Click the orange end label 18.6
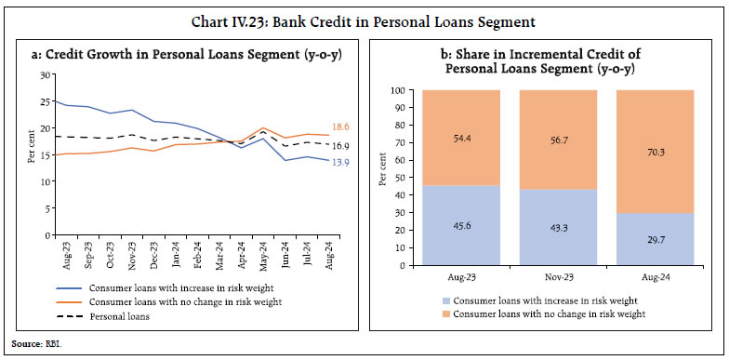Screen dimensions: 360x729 340,126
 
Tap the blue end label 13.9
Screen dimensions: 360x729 339,163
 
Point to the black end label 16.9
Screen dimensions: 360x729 339,146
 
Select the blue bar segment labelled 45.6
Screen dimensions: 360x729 460,225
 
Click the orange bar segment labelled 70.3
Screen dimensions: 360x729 656,152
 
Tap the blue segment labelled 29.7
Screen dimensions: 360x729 656,239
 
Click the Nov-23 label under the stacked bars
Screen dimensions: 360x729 558,276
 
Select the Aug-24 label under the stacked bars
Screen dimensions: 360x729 656,276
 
